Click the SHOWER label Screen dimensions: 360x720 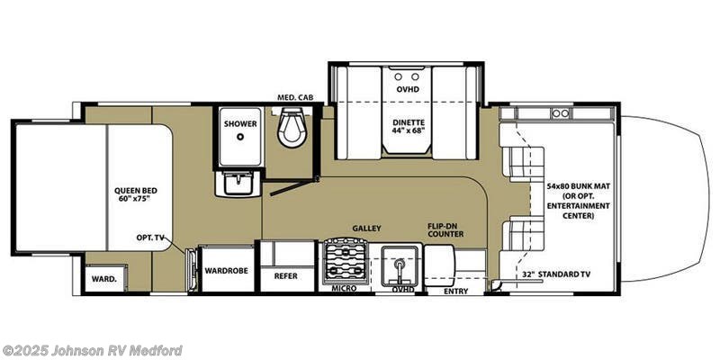click(240, 123)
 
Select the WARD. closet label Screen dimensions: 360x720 click(103, 279)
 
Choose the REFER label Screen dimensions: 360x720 click(285, 275)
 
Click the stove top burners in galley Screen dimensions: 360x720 click(346, 262)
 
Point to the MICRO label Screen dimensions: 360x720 click(344, 288)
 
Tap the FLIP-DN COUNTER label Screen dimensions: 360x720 click(445, 229)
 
